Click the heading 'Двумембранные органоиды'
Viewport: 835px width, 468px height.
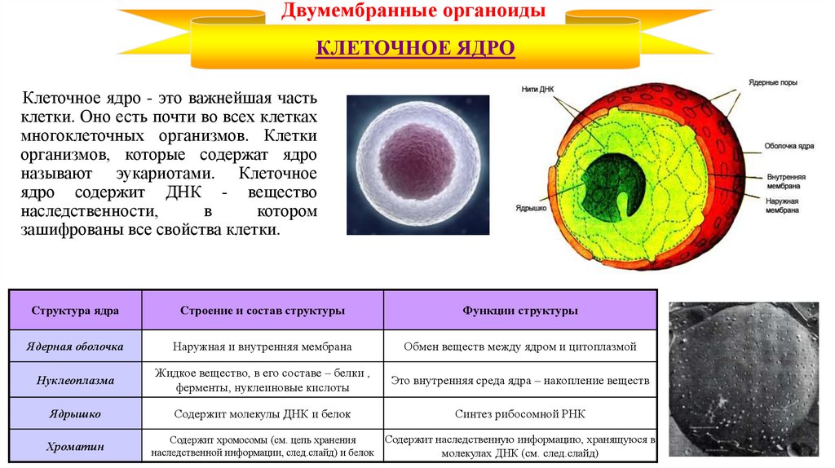(414, 12)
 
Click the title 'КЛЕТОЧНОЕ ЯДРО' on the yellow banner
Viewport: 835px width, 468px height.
(415, 49)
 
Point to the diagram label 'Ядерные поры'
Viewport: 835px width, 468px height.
(774, 83)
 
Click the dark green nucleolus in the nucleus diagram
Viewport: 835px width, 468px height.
(611, 187)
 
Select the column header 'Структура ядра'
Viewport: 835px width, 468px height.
(75, 311)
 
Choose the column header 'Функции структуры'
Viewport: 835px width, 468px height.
(519, 311)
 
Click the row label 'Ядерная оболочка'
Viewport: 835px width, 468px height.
(75, 347)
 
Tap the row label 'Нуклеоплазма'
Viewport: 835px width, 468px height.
(75, 380)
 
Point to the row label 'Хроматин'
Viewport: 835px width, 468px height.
(75, 446)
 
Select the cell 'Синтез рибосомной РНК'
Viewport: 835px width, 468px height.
(519, 413)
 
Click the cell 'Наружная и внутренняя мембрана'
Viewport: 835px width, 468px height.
(262, 347)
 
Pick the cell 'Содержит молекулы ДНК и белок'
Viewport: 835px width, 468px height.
(262, 413)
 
